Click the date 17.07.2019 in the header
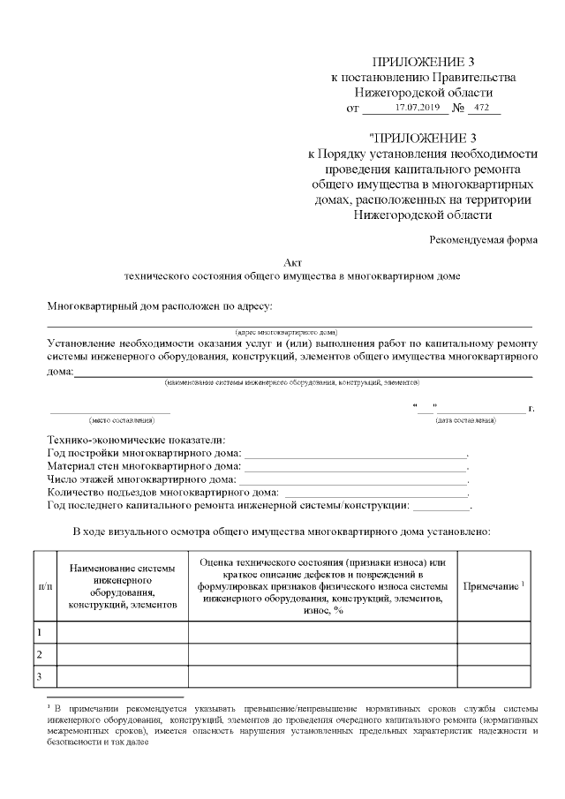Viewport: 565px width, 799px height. [x=418, y=108]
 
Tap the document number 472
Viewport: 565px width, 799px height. [x=482, y=108]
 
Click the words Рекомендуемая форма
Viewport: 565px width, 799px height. [x=484, y=240]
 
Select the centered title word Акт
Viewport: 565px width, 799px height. [x=292, y=262]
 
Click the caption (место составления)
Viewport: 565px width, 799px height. [x=110, y=419]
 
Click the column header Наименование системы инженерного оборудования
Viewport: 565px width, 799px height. [x=123, y=586]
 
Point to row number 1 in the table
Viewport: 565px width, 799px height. [x=40, y=632]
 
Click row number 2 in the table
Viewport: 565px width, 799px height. [x=40, y=654]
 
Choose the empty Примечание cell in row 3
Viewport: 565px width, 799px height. [x=493, y=676]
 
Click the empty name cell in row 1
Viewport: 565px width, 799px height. [x=123, y=632]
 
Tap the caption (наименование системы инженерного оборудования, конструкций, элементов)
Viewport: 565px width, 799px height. [x=292, y=382]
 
